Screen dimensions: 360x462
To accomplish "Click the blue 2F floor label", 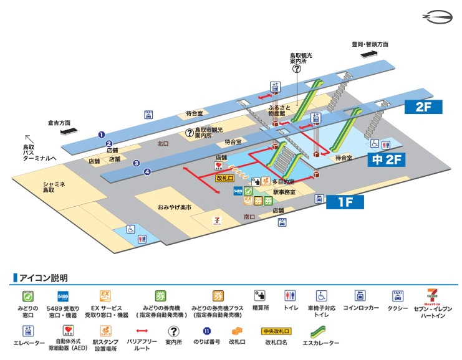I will [423, 107].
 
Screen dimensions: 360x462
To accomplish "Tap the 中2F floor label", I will [388, 160].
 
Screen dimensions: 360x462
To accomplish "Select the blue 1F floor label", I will [345, 202].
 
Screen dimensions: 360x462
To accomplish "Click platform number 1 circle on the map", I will [101, 134].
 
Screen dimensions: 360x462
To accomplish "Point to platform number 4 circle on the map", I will [148, 172].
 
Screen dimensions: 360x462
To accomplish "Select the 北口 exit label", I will [163, 143].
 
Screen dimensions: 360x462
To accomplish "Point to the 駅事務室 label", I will [283, 194].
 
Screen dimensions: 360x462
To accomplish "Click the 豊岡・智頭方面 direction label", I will [370, 44].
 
